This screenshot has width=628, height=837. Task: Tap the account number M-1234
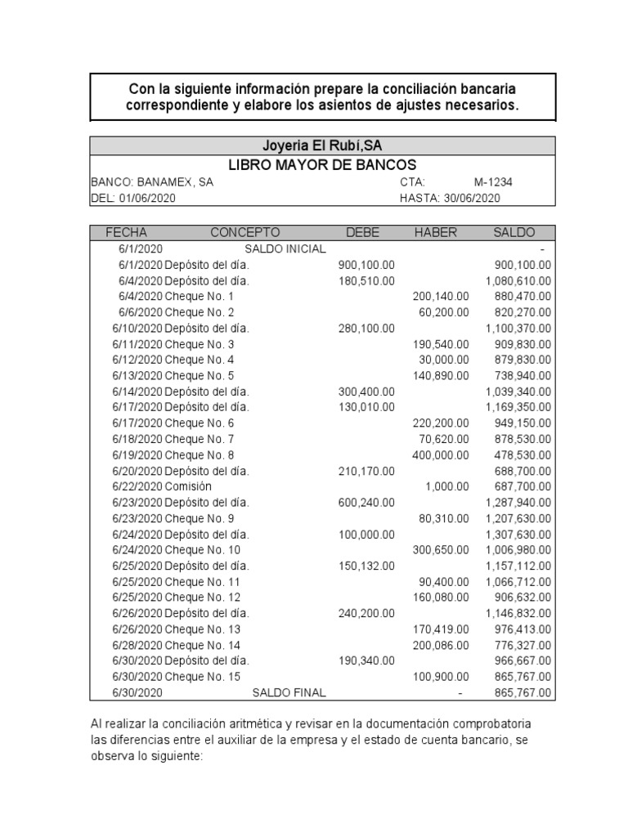[x=493, y=182]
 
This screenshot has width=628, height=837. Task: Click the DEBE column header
[x=362, y=233]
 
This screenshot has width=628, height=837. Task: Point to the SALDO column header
[x=514, y=233]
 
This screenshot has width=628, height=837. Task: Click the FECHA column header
[x=126, y=233]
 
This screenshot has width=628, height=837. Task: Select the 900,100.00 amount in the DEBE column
[x=366, y=265]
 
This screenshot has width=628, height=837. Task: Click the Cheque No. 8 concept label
[x=199, y=455]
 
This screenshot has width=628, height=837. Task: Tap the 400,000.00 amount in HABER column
[x=441, y=455]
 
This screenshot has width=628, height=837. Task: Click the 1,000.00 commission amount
[x=447, y=487]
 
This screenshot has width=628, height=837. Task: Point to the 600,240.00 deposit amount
[x=366, y=503]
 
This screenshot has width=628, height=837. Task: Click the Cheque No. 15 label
[x=202, y=678]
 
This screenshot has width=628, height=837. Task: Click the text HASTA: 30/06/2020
[x=450, y=198]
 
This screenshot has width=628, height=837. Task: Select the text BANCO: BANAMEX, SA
[x=152, y=182]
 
